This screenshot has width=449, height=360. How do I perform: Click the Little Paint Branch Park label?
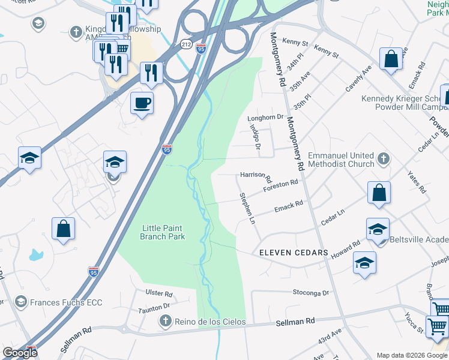(162, 232)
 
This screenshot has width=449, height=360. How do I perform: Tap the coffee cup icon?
(142, 103)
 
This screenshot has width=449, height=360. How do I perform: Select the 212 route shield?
(186, 44)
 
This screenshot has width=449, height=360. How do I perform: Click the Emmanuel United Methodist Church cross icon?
(384, 160)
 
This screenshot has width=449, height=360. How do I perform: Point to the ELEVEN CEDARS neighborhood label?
(294, 253)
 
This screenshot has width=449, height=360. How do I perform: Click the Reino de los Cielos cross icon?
(166, 322)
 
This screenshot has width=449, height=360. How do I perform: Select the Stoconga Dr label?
(312, 293)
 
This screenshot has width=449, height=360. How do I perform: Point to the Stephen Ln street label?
(248, 208)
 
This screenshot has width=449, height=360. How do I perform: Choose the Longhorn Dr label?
(265, 118)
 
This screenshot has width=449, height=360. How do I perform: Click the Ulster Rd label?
(159, 294)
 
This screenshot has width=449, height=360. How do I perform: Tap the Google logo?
(20, 353)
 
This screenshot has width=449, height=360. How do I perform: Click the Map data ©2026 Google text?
(411, 355)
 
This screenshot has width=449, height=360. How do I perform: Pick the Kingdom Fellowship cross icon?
(76, 32)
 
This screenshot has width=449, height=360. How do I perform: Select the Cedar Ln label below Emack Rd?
(333, 217)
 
